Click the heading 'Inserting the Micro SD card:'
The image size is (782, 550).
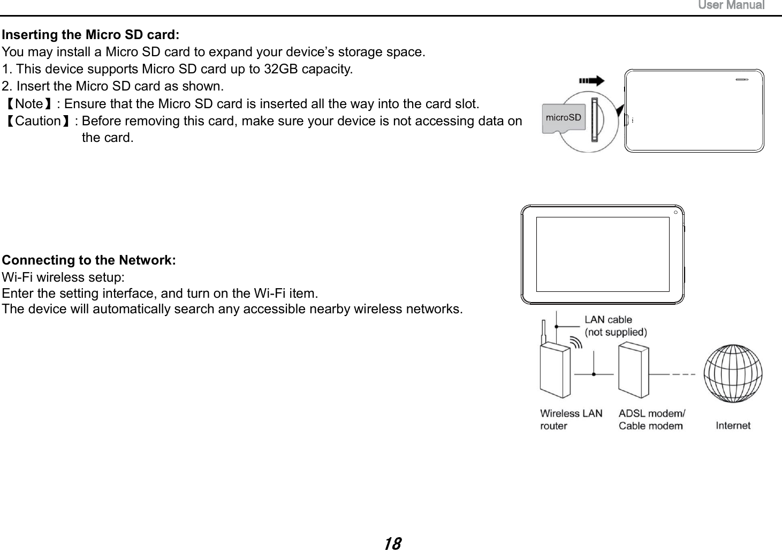91,35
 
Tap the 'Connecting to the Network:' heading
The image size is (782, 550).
89,260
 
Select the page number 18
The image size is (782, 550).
392,544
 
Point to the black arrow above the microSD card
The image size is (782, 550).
592,81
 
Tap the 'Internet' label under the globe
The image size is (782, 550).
733,425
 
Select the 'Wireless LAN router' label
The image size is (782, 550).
571,419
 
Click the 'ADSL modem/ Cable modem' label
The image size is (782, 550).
651,419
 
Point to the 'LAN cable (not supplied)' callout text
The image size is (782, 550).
615,326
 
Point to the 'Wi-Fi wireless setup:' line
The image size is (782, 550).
64,277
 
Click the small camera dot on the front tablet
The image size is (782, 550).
676,213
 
